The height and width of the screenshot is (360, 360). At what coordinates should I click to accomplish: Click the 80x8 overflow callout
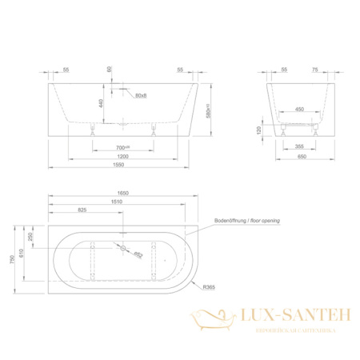pyautogui.click(x=141, y=95)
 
